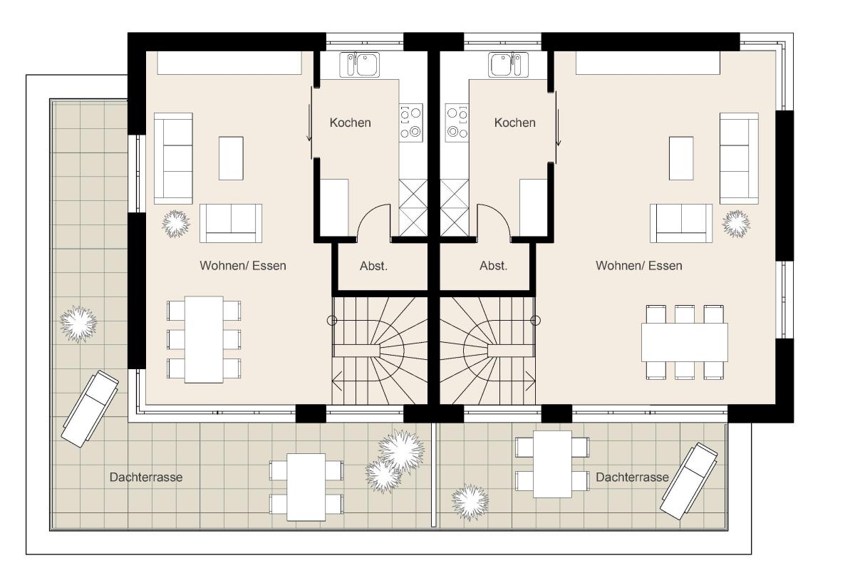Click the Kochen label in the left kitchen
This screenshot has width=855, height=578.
350,123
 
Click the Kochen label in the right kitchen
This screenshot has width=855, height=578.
514,123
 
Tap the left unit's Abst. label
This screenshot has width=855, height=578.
373,266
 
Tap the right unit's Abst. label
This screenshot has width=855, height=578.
493,266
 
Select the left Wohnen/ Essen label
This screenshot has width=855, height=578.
243,266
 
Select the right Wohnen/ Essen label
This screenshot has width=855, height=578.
639,266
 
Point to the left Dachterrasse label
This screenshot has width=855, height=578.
146,478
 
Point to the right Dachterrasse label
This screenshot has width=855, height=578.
632,478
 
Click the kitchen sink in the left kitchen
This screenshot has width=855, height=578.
360,65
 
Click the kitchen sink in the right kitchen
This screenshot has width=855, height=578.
508,65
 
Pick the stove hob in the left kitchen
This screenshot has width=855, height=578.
411,123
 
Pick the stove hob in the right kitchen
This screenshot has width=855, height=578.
457,123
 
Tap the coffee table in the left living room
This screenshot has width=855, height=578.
231,158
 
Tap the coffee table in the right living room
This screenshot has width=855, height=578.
681,158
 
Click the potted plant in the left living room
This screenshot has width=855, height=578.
176,224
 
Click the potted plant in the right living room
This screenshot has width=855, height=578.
736,224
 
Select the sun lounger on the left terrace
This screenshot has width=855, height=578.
90,408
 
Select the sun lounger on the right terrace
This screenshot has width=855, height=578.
689,481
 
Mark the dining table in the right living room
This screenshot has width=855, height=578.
685,342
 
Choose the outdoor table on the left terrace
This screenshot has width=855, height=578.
306,487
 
